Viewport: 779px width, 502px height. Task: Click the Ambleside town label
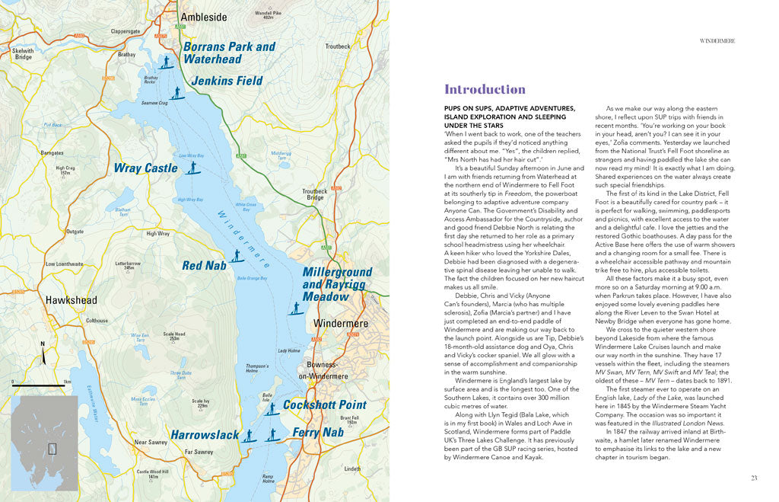[x=203, y=17]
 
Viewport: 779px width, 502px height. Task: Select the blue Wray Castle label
[x=145, y=168]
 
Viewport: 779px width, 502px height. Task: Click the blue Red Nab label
[x=204, y=265]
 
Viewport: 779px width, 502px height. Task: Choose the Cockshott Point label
[x=325, y=404]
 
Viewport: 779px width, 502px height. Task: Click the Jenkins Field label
[x=227, y=81]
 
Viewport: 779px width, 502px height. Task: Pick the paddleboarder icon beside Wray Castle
[x=192, y=166]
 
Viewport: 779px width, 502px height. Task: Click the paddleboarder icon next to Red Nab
[x=237, y=256]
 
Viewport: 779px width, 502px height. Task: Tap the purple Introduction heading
[x=485, y=89]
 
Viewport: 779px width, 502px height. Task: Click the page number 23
[x=753, y=478]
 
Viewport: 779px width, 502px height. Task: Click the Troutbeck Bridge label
[x=313, y=194]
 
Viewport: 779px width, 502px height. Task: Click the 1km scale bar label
[x=67, y=382]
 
